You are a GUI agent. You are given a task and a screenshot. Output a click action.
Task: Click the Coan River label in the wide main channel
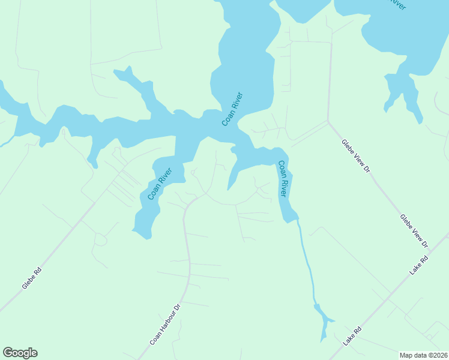232,109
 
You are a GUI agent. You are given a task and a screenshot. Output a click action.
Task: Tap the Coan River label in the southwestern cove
160,184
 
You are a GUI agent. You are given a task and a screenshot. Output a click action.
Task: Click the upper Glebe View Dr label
355,156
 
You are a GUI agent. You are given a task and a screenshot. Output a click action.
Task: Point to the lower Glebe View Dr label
414,231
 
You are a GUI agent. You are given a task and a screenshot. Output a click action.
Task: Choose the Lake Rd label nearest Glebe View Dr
420,265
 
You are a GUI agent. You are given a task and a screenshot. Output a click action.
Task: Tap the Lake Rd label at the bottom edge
353,335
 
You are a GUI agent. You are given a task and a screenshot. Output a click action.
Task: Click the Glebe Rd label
31,279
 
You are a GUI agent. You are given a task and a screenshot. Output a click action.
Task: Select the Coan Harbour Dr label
165,325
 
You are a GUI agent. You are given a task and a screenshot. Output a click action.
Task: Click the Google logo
20,353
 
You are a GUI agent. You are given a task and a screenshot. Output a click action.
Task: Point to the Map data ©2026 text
423,355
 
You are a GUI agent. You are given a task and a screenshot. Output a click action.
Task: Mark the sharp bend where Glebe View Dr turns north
328,122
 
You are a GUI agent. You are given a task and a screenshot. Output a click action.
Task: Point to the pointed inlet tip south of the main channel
228,188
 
